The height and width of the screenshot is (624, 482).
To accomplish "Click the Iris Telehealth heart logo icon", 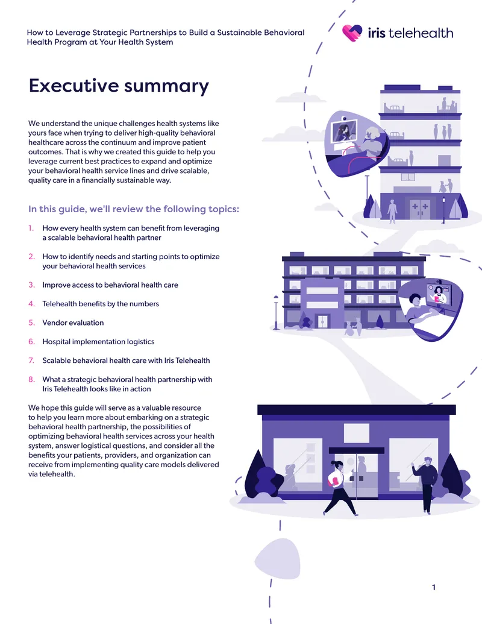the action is click(x=352, y=33).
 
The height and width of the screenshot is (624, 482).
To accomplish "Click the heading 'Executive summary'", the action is click(x=119, y=86).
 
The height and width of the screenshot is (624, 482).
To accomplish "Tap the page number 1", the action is click(x=433, y=587).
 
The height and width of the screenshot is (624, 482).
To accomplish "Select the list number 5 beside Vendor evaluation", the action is click(x=31, y=323).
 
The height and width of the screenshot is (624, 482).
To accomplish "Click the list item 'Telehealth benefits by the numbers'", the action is click(x=101, y=304).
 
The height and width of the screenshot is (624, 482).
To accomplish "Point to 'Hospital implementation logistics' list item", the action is click(x=98, y=341).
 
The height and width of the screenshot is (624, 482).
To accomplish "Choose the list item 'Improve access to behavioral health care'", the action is click(x=110, y=285).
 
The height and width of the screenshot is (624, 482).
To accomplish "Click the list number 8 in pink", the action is click(x=31, y=379).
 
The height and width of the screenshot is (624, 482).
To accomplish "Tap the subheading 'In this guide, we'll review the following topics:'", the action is click(x=134, y=209).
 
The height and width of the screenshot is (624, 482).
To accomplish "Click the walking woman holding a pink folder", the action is click(x=340, y=488).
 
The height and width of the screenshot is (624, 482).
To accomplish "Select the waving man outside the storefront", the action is click(x=425, y=484).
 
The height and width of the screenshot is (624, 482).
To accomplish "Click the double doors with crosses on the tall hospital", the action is click(x=419, y=209).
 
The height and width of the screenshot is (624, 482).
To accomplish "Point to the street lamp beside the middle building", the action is click(x=276, y=312).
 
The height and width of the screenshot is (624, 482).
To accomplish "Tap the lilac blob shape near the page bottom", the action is click(x=278, y=559).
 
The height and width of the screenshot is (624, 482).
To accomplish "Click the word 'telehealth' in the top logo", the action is click(x=421, y=33).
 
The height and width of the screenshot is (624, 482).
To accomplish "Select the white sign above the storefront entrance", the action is click(x=356, y=433).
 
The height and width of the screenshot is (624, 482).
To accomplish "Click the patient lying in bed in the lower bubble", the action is click(x=419, y=310).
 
